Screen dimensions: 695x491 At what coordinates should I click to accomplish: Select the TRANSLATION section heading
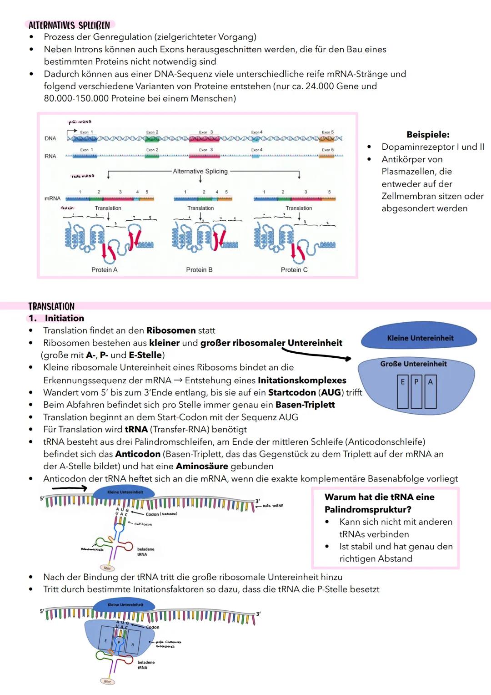click(x=51, y=306)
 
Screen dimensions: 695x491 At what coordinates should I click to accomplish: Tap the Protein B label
click(x=199, y=270)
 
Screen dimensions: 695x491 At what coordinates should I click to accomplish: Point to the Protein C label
click(x=294, y=270)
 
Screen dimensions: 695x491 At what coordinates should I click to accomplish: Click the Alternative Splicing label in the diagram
click(x=200, y=171)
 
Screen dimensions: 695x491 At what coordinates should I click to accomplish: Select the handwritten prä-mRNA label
click(x=80, y=122)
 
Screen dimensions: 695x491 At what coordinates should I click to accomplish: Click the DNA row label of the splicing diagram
click(x=50, y=138)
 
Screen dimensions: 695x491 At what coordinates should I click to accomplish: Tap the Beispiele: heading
click(x=428, y=135)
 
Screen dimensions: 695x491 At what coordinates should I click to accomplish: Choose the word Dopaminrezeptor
click(x=417, y=147)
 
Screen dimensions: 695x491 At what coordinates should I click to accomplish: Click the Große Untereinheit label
click(x=413, y=364)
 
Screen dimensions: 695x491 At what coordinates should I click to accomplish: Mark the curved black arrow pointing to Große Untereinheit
click(x=316, y=354)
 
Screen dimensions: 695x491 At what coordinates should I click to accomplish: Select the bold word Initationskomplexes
click(x=302, y=380)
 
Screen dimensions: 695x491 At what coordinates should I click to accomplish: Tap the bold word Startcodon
click(x=292, y=392)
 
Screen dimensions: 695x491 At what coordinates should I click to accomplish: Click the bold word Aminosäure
click(x=202, y=466)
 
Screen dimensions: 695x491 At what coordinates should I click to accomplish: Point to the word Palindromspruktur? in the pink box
click(x=368, y=509)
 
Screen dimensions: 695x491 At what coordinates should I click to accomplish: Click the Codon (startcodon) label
click(x=161, y=514)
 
